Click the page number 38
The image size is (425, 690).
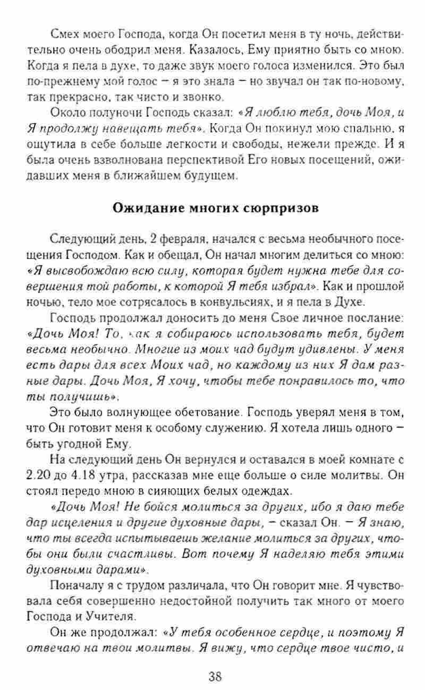[x=215, y=676]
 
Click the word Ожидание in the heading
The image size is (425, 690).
[x=148, y=208]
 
